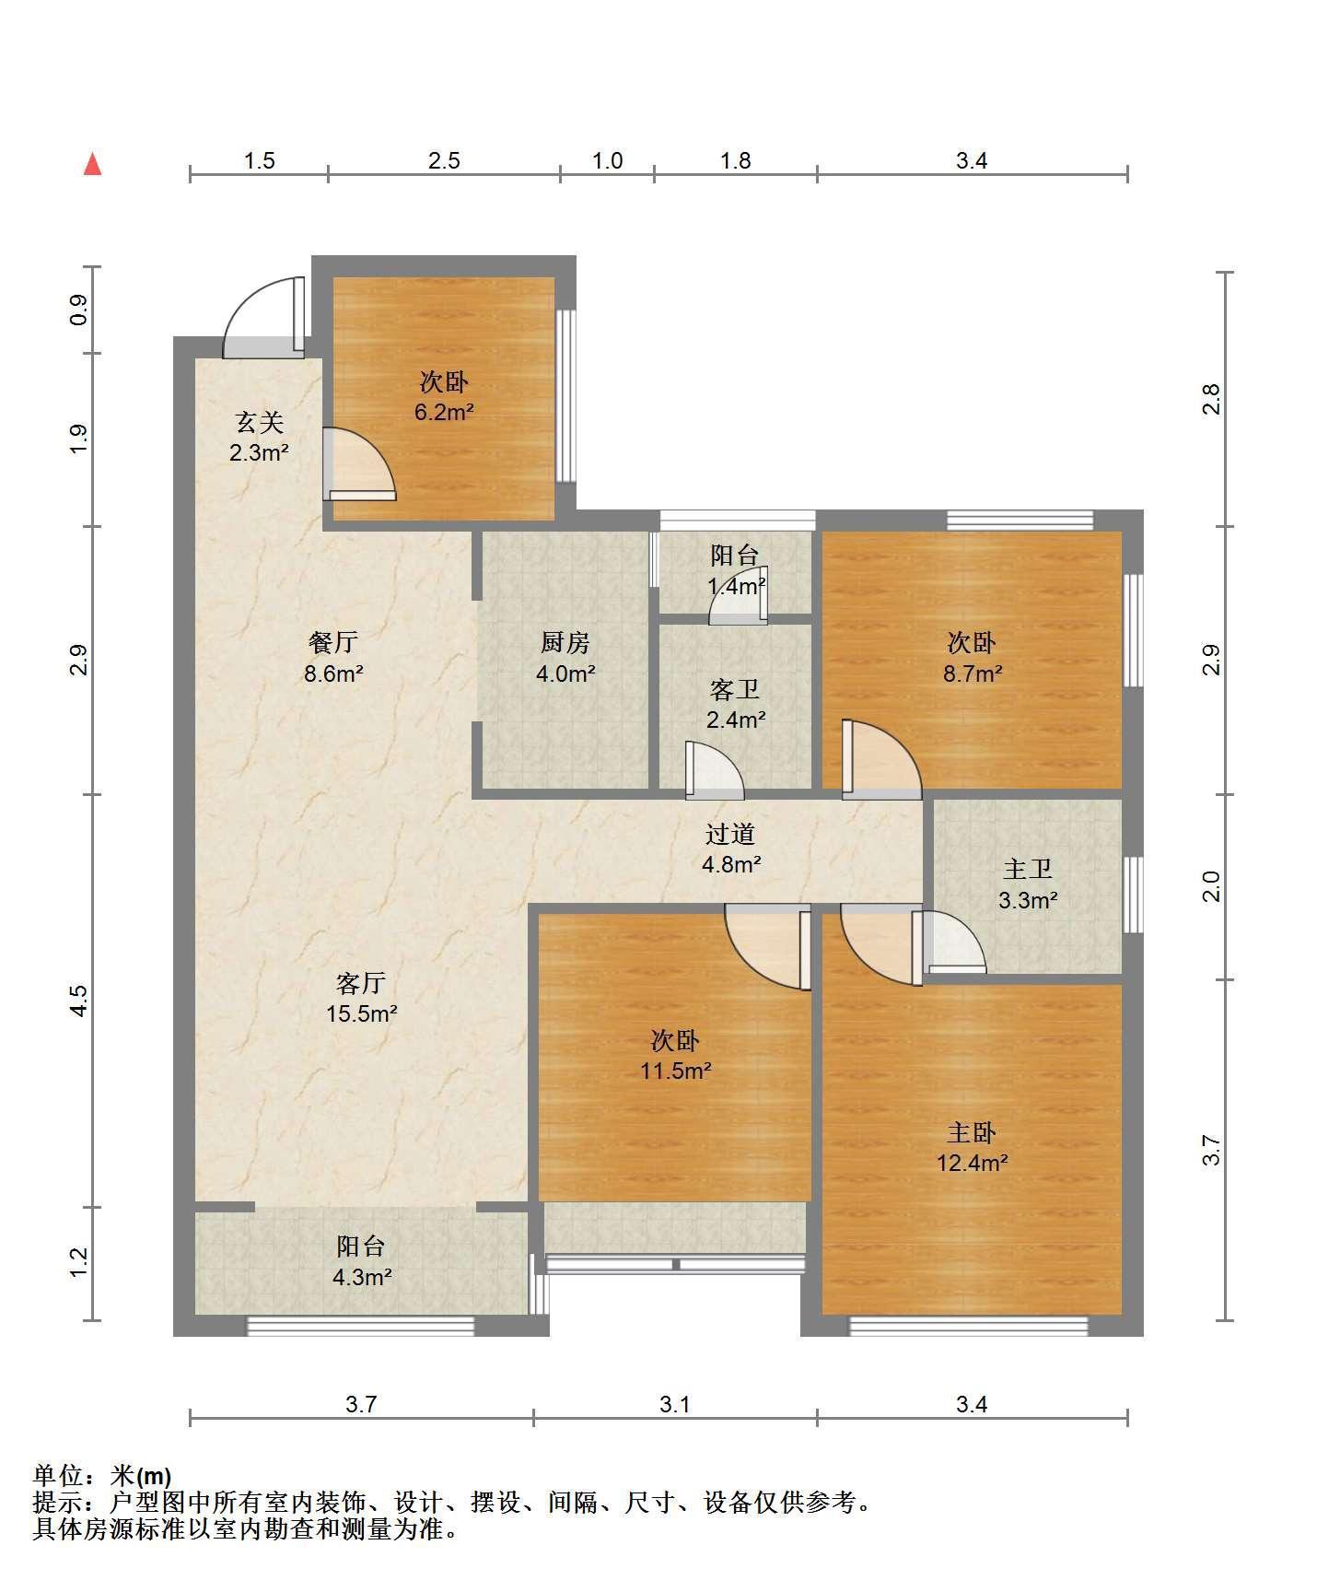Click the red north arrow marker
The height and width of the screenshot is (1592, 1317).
click(92, 164)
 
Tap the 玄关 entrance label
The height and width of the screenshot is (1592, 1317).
click(259, 423)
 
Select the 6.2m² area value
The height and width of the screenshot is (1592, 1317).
click(444, 412)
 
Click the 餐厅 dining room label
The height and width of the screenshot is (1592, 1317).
click(333, 642)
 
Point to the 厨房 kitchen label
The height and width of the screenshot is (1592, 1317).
click(565, 642)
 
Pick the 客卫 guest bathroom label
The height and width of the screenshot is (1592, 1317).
click(735, 689)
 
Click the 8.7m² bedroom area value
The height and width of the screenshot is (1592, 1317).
click(973, 673)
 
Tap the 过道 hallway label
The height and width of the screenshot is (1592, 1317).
click(730, 834)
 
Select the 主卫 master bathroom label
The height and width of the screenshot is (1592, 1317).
click(1028, 869)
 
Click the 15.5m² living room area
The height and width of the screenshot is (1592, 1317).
click(361, 1014)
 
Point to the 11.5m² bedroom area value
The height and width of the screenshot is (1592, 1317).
click(676, 1071)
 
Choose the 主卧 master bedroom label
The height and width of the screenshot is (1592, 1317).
click(972, 1132)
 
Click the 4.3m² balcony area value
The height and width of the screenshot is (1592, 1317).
click(361, 1278)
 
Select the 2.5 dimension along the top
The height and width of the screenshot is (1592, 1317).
click(444, 161)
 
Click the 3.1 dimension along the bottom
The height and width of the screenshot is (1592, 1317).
click(675, 1404)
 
